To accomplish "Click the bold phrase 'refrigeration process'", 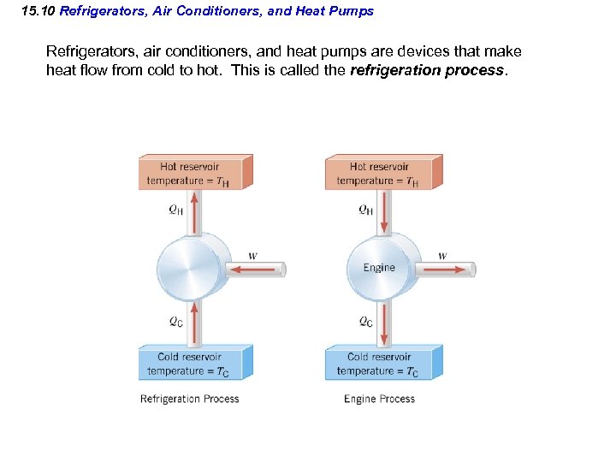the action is [428, 70].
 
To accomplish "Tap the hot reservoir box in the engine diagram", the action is [382, 173].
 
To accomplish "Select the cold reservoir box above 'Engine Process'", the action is [382, 364].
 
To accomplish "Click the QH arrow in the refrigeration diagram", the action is [196, 212].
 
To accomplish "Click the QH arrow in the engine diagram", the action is [385, 212].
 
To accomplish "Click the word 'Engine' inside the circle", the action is [379, 268].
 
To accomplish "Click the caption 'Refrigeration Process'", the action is [190, 399].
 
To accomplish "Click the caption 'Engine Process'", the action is [379, 399].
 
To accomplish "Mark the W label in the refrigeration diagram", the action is [252, 256].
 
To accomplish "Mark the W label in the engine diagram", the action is [442, 256].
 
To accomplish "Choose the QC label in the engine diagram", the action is [365, 322].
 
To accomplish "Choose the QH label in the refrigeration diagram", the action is [175, 210].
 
